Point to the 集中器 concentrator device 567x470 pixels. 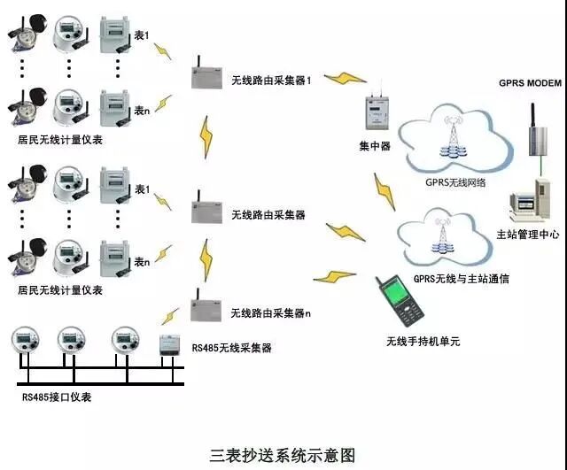pyautogui.click(x=377, y=114)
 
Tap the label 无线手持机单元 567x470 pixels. pyautogui.click(x=423, y=341)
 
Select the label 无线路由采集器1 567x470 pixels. pyautogui.click(x=273, y=80)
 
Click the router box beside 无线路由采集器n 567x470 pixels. pyautogui.click(x=205, y=309)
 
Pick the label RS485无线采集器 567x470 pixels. pyautogui.click(x=231, y=349)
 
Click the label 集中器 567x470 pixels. pyautogui.click(x=375, y=147)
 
